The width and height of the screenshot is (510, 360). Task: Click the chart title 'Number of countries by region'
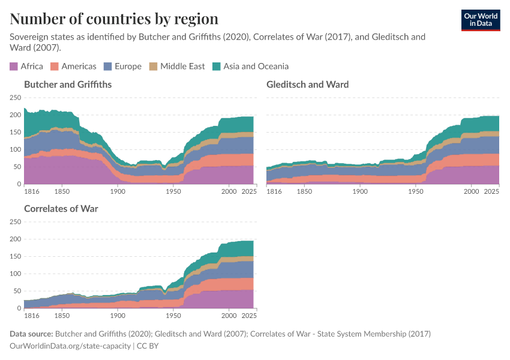[x=114, y=19]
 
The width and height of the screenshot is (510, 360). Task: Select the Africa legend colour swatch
[x=14, y=67]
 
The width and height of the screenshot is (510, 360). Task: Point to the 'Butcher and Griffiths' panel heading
[x=68, y=85]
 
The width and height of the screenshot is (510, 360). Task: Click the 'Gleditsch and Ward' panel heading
[x=307, y=85]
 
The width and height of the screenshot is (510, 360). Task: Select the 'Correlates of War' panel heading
[x=61, y=209]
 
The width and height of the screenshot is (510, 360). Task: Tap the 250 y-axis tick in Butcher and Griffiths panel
[x=15, y=97]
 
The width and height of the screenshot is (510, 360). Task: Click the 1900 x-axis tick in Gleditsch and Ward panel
[x=360, y=191]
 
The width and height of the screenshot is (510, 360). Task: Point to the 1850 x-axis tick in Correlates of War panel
[x=62, y=315]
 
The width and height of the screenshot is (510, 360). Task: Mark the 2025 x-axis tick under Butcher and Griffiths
[x=248, y=191]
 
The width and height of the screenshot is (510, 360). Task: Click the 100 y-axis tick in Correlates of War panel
[x=15, y=274]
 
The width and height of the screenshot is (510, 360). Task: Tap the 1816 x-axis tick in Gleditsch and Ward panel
[x=274, y=191]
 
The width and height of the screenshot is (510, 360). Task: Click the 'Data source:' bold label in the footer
[x=31, y=334]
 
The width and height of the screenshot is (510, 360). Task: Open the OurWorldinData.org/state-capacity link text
[x=70, y=346]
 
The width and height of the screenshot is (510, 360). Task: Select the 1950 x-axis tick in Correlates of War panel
[x=173, y=315]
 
